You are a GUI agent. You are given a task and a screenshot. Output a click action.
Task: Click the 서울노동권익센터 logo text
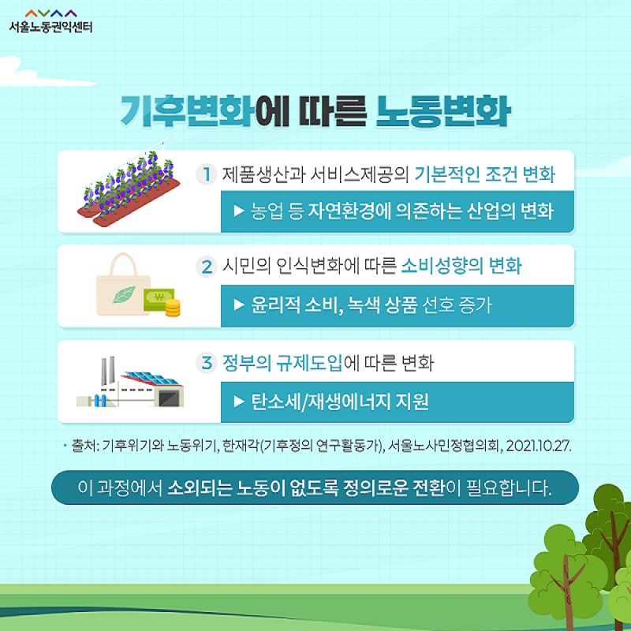[50, 27]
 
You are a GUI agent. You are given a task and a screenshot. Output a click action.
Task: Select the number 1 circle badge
[207, 174]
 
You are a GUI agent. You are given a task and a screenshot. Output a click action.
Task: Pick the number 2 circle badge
[207, 267]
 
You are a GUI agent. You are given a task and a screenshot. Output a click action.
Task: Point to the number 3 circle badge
[207, 363]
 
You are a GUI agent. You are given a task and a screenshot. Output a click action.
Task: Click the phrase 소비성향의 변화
[461, 267]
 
